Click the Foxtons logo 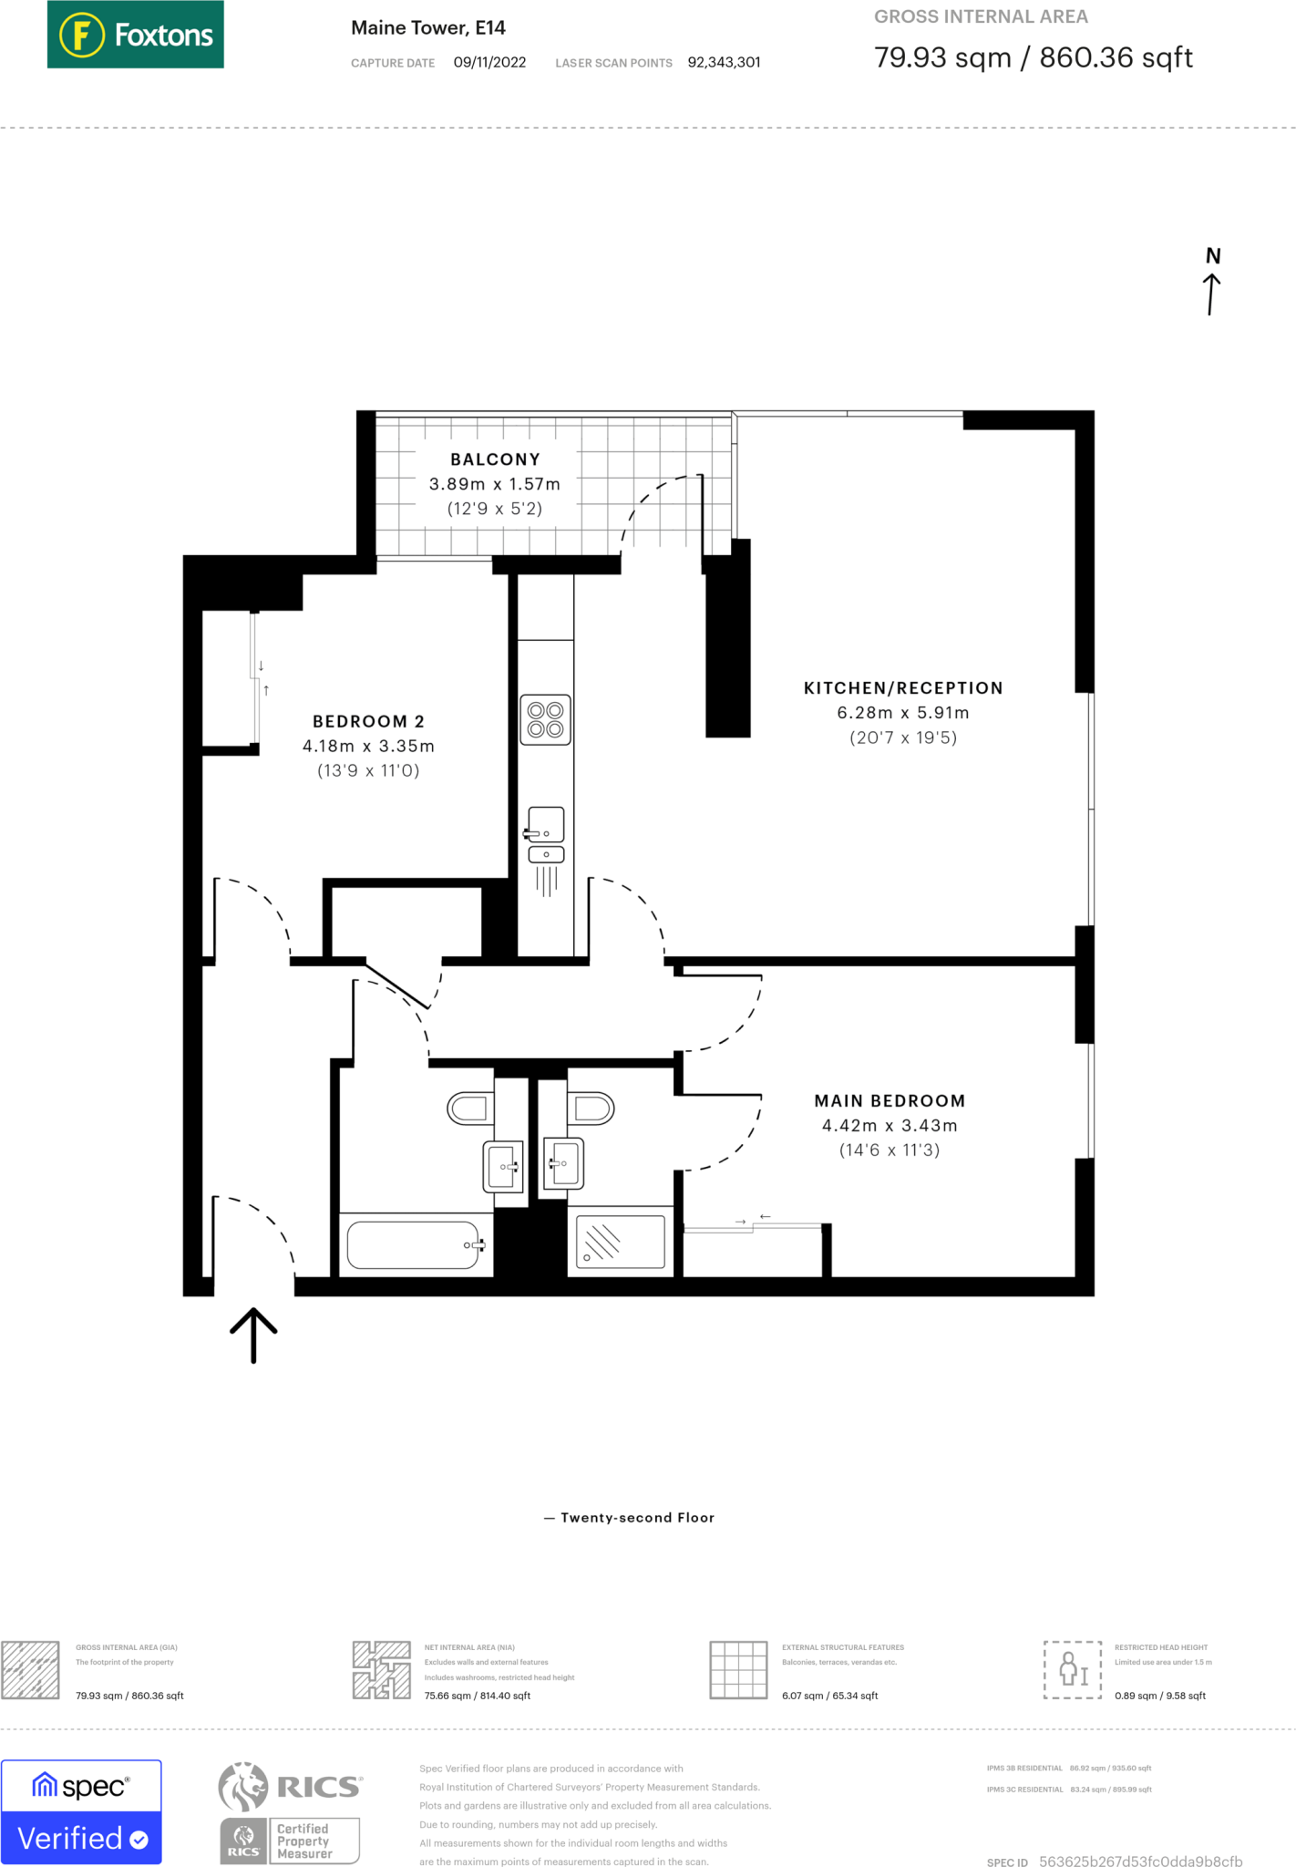(x=135, y=35)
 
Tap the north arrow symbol (x=1211, y=283)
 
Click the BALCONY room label (x=495, y=459)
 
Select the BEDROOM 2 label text (x=368, y=721)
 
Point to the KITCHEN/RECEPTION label (x=902, y=688)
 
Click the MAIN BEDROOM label (x=889, y=1100)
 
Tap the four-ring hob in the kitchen (x=545, y=720)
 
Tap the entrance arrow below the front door (x=253, y=1335)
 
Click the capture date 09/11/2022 (x=489, y=62)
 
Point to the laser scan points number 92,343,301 (x=724, y=62)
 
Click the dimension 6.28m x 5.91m (x=902, y=713)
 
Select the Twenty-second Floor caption (x=637, y=1518)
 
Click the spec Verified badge (x=81, y=1811)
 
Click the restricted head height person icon (x=1072, y=1669)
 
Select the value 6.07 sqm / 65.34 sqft (x=829, y=1696)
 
